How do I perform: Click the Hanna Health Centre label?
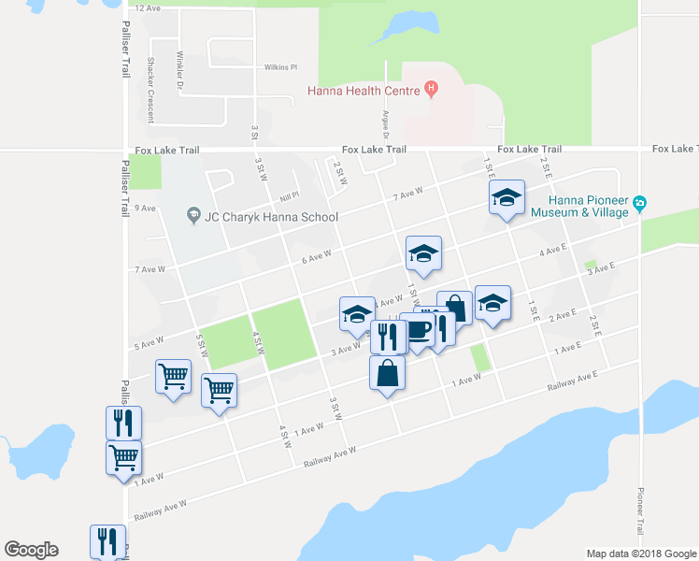tap(365, 90)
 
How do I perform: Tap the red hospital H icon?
tap(431, 90)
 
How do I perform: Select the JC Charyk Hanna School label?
tap(271, 217)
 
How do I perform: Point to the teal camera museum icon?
tap(640, 203)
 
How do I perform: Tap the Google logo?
tap(31, 550)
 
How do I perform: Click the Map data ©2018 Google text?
tap(639, 554)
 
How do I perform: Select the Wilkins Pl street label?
tap(280, 67)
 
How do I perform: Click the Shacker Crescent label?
tap(150, 90)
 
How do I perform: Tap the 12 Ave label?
tap(149, 7)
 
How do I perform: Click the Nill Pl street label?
tap(288, 197)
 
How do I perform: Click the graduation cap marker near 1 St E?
tap(506, 197)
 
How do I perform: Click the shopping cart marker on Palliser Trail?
tap(123, 458)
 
